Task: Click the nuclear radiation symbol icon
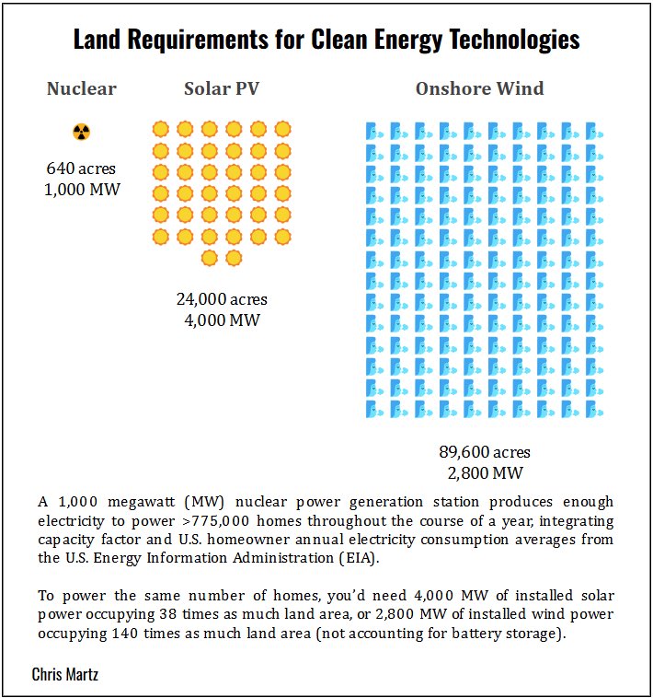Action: (x=82, y=132)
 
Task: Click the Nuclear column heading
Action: (x=82, y=89)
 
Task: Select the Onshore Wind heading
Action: (x=479, y=89)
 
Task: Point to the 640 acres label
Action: (x=82, y=169)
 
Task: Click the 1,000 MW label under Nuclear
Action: (x=82, y=190)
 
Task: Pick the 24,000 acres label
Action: (x=222, y=299)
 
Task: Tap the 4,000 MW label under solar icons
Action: (x=222, y=320)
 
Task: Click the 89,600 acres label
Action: (x=485, y=452)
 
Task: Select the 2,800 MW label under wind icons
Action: (x=485, y=473)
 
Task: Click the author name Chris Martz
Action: (x=65, y=675)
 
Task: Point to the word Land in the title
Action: (x=95, y=41)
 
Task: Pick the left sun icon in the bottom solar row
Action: (x=210, y=257)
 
